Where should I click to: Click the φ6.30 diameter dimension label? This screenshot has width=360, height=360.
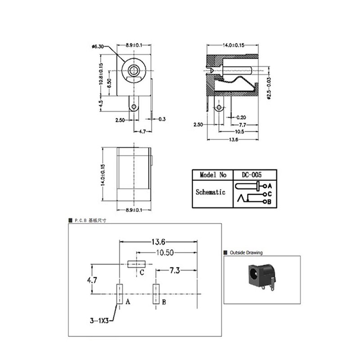pos(98,46)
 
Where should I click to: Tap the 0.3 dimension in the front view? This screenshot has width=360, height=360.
pos(162,119)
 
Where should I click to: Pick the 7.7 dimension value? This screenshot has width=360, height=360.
pos(242,124)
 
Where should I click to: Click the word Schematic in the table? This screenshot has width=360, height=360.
pos(210,192)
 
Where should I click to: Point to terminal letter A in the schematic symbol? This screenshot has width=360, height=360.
pos(270,185)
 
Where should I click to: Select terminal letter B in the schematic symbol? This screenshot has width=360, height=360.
pos(270,202)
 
